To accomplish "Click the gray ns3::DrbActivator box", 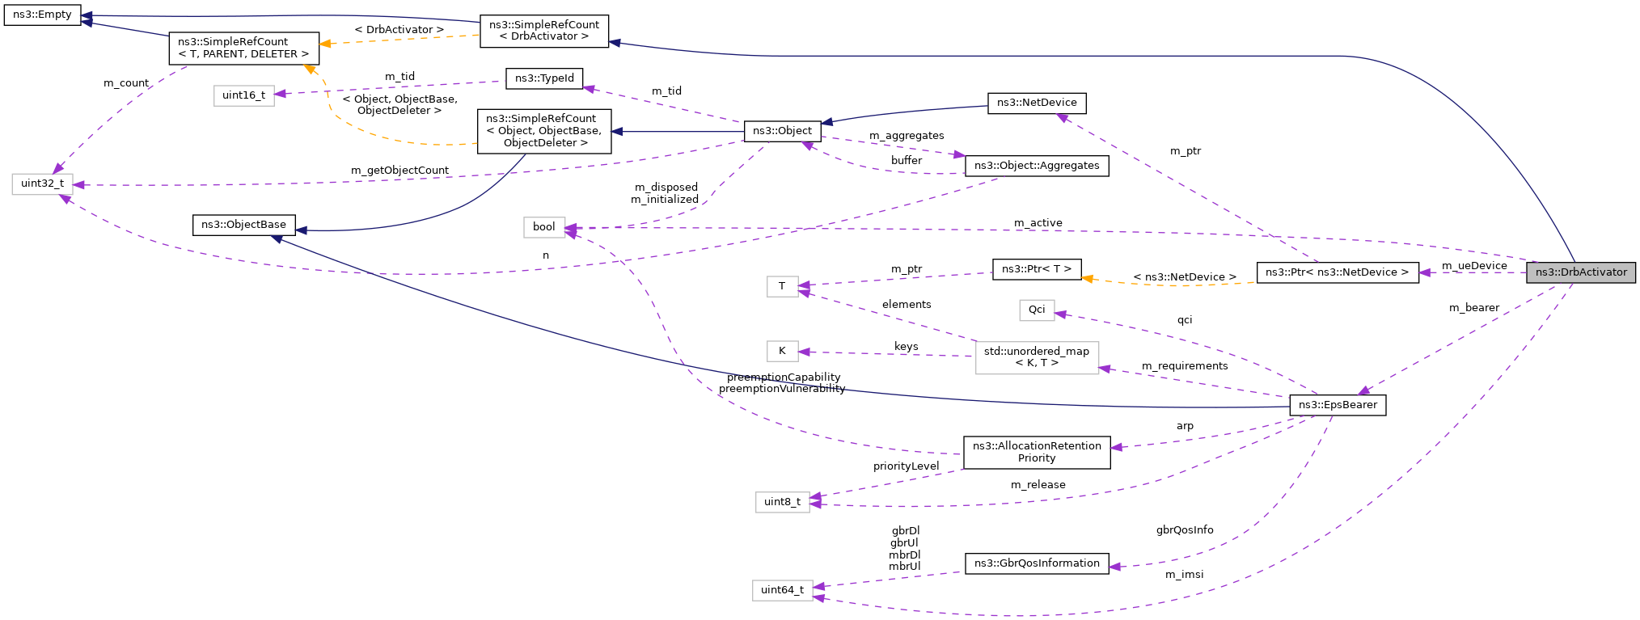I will tap(1580, 272).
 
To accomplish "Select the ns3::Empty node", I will tap(42, 15).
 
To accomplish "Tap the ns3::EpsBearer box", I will tap(1338, 405).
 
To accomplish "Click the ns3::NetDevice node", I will tap(1036, 103).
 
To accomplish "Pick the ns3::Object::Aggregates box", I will tap(1036, 166).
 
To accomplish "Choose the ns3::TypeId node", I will tap(544, 78).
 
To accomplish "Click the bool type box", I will tap(543, 227).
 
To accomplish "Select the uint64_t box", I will tap(782, 590).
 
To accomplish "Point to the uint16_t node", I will tap(243, 95).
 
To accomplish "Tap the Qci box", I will tap(1036, 310).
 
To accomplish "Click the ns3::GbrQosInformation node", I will tap(1036, 563).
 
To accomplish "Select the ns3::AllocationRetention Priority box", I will tap(1036, 452).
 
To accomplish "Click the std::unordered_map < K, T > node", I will tap(1036, 357).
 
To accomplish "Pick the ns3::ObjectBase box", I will tap(243, 225).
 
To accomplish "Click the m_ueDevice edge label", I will tap(1473, 266).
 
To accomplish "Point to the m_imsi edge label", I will tap(1184, 575).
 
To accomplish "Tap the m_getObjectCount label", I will tap(399, 171).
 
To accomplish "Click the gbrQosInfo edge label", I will tap(1184, 530).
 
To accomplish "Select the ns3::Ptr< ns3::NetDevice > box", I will tap(1337, 272).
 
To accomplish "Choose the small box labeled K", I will tap(782, 351).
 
